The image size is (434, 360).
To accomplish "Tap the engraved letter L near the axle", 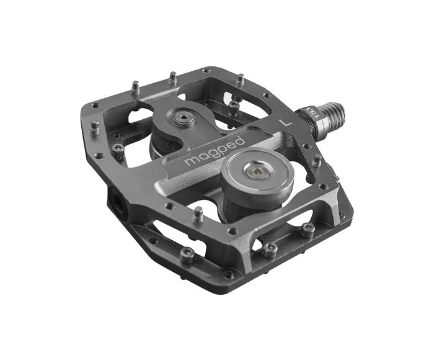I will tap(285, 122).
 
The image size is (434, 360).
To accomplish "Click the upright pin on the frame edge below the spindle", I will tap(316, 161).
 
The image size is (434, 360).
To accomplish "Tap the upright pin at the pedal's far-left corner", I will tap(94, 128).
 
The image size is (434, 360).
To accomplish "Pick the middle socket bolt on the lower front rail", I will tap(269, 250).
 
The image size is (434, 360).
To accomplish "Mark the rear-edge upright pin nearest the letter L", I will tap(239, 79).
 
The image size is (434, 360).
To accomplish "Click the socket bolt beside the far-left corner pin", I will tap(118, 148).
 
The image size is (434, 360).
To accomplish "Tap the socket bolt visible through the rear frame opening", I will tap(233, 106).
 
